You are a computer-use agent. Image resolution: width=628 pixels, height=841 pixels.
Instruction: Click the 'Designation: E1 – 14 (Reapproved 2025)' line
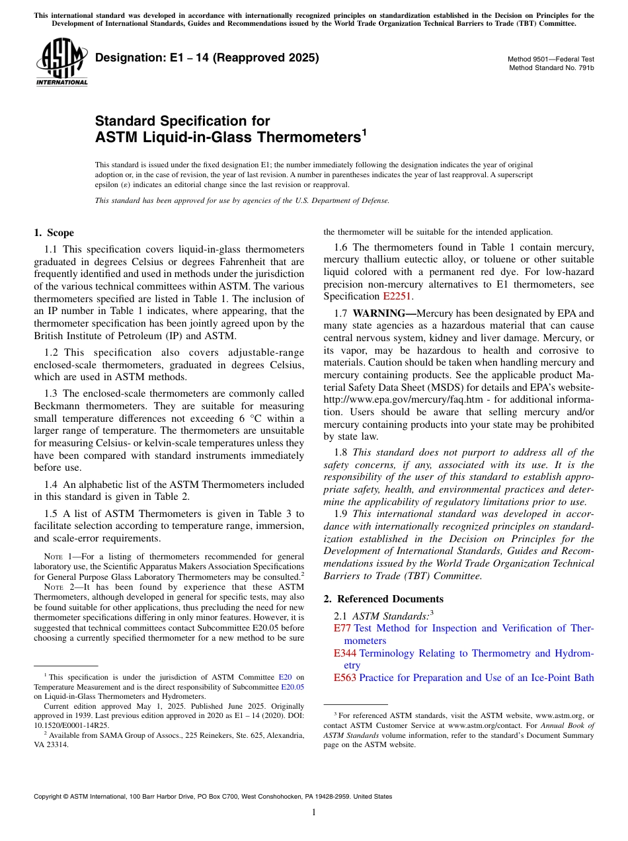pyautogui.click(x=207, y=58)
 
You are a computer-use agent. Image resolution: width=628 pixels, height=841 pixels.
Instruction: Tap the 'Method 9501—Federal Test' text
pyautogui.click(x=551, y=59)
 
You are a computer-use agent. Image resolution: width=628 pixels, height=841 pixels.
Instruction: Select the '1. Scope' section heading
pyautogui.click(x=54, y=233)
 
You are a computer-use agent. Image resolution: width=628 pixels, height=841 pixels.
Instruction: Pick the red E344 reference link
pyautogui.click(x=345, y=653)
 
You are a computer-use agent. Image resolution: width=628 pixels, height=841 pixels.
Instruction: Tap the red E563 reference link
pyautogui.click(x=345, y=678)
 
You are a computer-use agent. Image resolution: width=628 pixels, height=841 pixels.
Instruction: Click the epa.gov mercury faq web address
pyautogui.click(x=390, y=399)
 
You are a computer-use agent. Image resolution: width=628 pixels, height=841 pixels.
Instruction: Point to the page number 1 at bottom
pyautogui.click(x=314, y=813)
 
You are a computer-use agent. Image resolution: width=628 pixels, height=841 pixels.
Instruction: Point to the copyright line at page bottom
pyautogui.click(x=213, y=797)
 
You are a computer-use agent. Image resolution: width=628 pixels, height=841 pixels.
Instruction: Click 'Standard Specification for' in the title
pyautogui.click(x=182, y=121)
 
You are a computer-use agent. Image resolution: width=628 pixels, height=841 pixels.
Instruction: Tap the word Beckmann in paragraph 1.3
pyautogui.click(x=56, y=406)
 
